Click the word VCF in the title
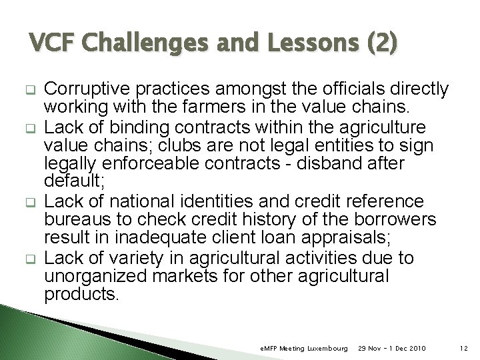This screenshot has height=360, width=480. (54, 44)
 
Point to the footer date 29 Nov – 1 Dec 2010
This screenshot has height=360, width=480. (392, 349)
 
